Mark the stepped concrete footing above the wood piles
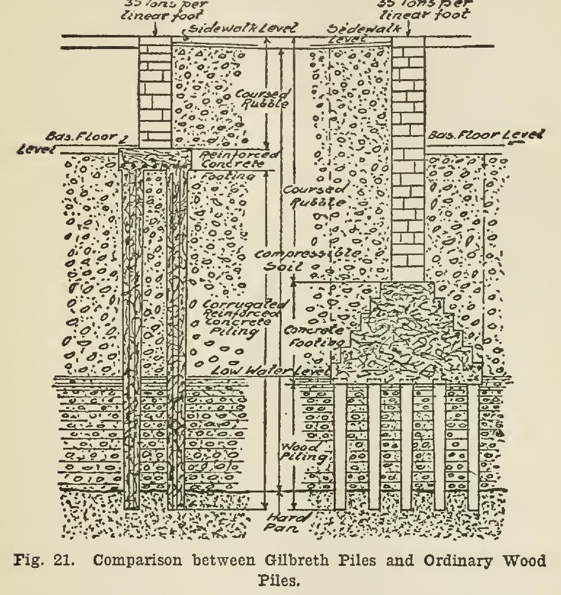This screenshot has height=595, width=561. coord(408,335)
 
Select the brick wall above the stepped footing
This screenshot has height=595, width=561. coord(408,160)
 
